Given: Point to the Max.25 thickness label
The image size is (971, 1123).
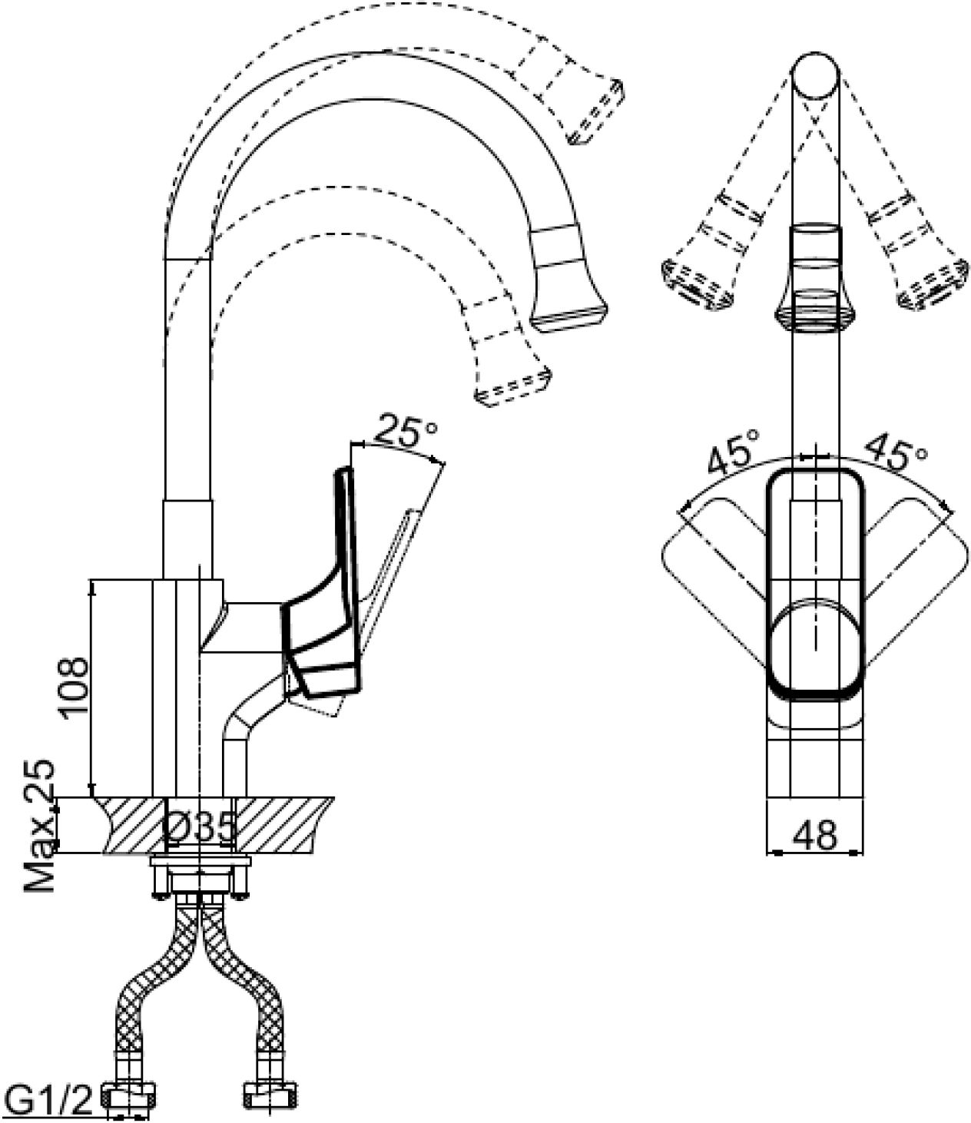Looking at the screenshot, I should tap(40, 827).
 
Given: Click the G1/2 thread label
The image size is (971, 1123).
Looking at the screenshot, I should tap(48, 1101).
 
